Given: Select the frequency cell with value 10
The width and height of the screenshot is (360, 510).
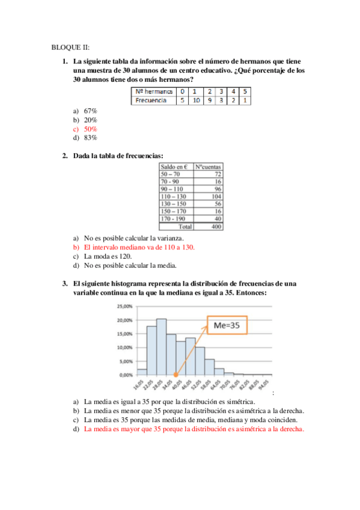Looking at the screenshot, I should point(194,100).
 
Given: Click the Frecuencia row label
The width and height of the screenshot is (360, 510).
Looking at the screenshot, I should point(151,100).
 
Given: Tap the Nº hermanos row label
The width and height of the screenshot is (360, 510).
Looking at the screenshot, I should point(153,91).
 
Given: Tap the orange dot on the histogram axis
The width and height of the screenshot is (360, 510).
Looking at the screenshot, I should point(176,375).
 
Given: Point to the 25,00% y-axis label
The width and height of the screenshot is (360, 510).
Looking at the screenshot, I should point(124,306).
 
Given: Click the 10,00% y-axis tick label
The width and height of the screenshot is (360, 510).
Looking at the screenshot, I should point(124,348).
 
